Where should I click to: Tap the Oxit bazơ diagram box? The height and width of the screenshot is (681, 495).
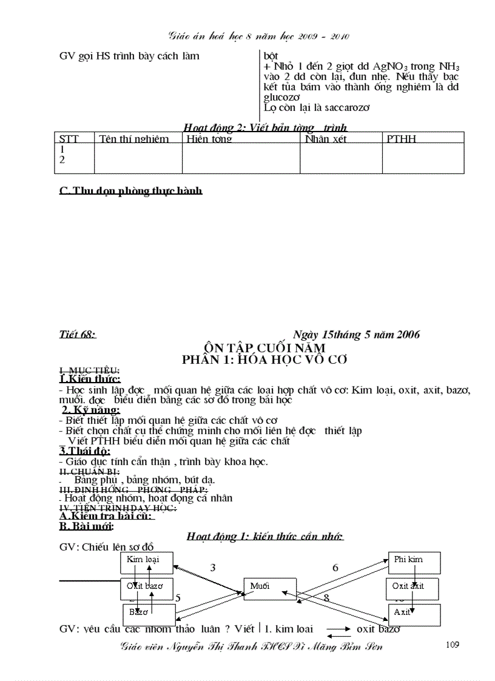pyautogui.click(x=146, y=588)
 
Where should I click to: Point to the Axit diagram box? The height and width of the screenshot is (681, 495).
pyautogui.click(x=414, y=615)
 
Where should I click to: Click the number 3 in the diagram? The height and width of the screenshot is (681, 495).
pyautogui.click(x=213, y=568)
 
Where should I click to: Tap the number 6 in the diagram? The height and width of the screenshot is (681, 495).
pyautogui.click(x=335, y=568)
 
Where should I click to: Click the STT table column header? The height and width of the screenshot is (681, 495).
pyautogui.click(x=69, y=139)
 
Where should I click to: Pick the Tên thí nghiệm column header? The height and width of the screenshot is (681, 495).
pyautogui.click(x=134, y=139)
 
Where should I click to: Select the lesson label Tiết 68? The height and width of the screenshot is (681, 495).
pyautogui.click(x=78, y=334)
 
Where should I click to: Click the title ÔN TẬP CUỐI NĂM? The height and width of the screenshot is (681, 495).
pyautogui.click(x=265, y=347)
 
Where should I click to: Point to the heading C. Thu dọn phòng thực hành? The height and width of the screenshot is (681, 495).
pyautogui.click(x=130, y=190)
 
